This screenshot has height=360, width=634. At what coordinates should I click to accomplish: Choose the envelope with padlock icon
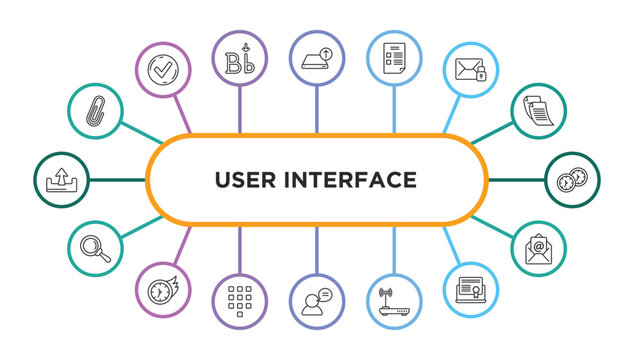[x=470, y=70]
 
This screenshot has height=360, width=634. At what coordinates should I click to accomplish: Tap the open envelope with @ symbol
[x=539, y=249]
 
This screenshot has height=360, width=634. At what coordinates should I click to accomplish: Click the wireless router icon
[x=394, y=303]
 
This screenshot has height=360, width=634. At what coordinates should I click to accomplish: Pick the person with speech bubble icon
[x=316, y=303]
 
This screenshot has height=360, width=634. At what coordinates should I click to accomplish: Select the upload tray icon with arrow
[x=61, y=180]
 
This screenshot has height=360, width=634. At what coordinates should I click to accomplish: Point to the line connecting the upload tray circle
[x=117, y=180]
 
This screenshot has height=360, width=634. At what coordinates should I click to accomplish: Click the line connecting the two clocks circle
[x=516, y=180]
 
